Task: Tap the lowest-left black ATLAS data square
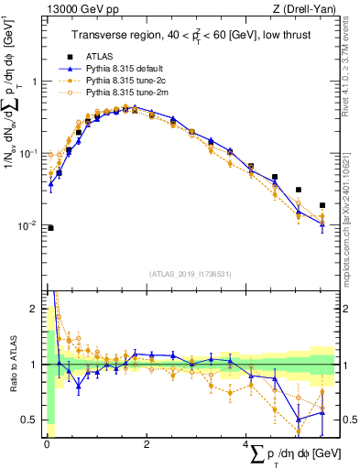point(50,228)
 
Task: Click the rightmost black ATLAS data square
point(322,205)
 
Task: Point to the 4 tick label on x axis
point(246,444)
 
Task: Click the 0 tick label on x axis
point(47,444)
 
